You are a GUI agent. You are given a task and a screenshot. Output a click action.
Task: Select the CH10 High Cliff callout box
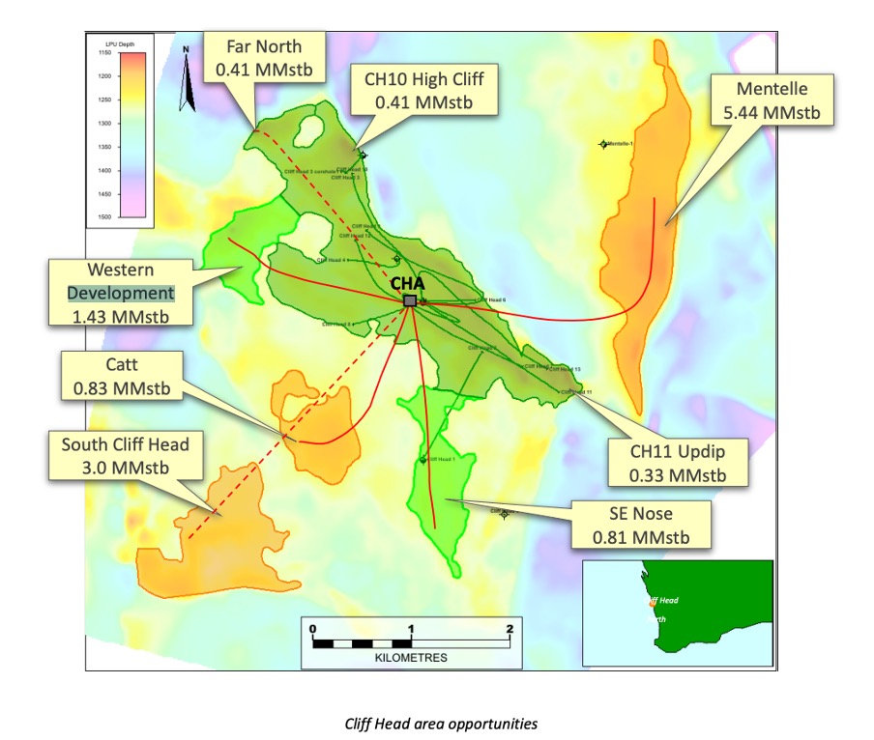(x=422, y=89)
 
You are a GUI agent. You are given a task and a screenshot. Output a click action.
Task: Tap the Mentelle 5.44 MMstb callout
(x=772, y=100)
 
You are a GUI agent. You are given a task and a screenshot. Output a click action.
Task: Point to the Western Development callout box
(x=122, y=293)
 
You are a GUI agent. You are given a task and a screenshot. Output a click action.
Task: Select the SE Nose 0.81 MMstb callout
(x=641, y=525)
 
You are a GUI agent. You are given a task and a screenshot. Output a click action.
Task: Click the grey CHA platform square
(x=410, y=301)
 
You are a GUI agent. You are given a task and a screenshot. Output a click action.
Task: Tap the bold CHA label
(x=410, y=284)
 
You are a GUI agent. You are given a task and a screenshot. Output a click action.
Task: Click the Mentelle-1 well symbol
(x=604, y=144)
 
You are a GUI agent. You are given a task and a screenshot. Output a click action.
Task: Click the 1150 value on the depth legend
(x=102, y=54)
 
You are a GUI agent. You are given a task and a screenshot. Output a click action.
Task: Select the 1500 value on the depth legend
(x=102, y=217)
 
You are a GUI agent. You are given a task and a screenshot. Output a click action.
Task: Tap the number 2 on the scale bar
(x=509, y=629)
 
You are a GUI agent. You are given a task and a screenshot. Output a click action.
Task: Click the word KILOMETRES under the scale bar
(x=411, y=657)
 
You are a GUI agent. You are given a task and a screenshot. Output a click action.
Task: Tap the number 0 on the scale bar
(x=313, y=629)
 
